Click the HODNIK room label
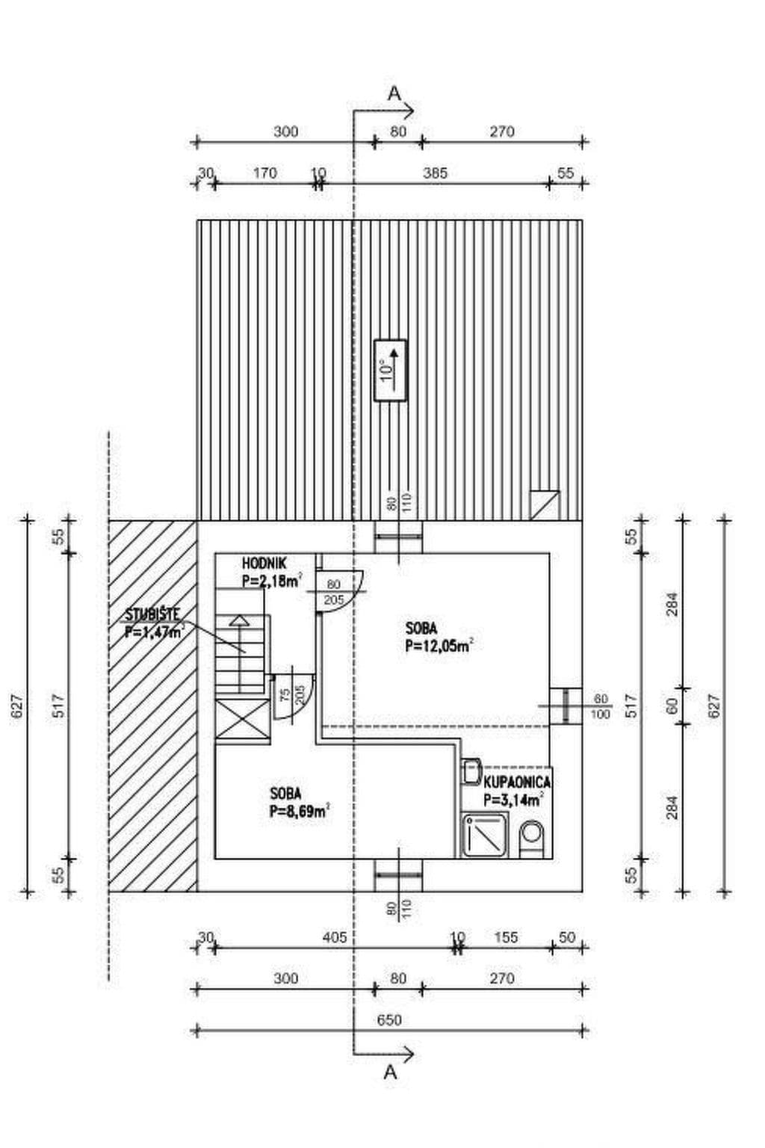coord(264,564)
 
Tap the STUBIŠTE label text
coord(152,614)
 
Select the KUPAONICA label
coord(517,782)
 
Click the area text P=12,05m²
coord(438,646)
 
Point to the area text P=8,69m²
coord(300,811)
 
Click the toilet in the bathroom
coord(533,839)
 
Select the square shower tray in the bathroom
coord(484,836)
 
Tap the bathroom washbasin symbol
coord(471,771)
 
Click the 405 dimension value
coord(335,938)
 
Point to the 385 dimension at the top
coord(434,173)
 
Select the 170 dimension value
coord(264,173)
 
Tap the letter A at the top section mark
coord(394,93)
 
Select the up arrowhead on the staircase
coord(239,620)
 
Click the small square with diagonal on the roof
coord(544,505)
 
